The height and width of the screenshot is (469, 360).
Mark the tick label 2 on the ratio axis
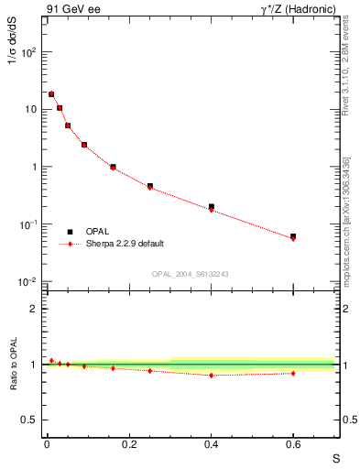(x=34, y=309)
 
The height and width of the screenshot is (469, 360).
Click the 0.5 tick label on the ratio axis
(x=30, y=420)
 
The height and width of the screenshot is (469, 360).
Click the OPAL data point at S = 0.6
(x=293, y=236)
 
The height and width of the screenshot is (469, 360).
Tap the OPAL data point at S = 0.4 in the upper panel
(x=211, y=207)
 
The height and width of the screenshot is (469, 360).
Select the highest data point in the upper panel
(x=51, y=93)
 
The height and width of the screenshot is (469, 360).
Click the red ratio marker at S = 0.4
(x=211, y=375)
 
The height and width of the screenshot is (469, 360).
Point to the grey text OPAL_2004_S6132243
(x=191, y=274)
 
